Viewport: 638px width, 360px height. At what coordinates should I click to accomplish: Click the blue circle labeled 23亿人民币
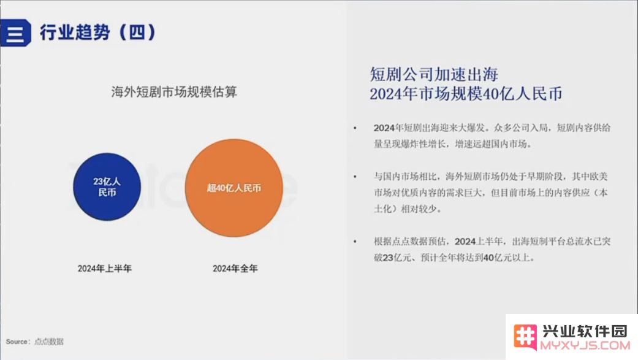pyautogui.click(x=107, y=187)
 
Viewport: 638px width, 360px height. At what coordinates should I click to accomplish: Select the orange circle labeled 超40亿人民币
pyautogui.click(x=234, y=188)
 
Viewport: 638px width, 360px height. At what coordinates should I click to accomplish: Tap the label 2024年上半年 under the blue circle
pyautogui.click(x=105, y=269)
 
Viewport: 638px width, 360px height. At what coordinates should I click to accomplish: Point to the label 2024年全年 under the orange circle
pyautogui.click(x=235, y=269)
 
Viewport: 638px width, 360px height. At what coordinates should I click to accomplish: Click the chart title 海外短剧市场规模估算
pyautogui.click(x=174, y=92)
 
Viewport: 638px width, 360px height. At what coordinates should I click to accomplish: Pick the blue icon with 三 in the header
pyautogui.click(x=15, y=33)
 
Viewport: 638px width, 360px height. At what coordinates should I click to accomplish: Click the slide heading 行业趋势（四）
pyautogui.click(x=97, y=32)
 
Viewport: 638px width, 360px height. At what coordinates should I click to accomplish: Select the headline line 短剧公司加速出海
pyautogui.click(x=434, y=74)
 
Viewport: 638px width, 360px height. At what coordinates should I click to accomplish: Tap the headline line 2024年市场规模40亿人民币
pyautogui.click(x=466, y=94)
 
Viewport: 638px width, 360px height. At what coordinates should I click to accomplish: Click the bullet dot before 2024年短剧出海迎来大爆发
pyautogui.click(x=355, y=128)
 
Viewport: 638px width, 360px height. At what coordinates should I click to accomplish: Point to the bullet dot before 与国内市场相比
pyautogui.click(x=355, y=177)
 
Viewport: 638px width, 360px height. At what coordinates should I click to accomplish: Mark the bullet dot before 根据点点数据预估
pyautogui.click(x=355, y=242)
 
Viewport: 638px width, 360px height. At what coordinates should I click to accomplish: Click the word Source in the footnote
pyautogui.click(x=17, y=342)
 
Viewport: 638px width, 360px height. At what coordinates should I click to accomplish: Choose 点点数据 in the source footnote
pyautogui.click(x=49, y=342)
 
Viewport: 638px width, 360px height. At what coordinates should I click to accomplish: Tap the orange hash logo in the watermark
pyautogui.click(x=525, y=336)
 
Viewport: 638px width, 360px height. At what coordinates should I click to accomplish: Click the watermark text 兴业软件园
pyautogui.click(x=585, y=331)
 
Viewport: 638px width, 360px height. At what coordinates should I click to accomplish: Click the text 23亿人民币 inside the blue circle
pyautogui.click(x=107, y=187)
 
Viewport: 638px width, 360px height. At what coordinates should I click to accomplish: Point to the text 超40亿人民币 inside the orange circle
pyautogui.click(x=234, y=188)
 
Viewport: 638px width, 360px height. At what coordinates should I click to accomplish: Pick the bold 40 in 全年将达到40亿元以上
pyautogui.click(x=488, y=258)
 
